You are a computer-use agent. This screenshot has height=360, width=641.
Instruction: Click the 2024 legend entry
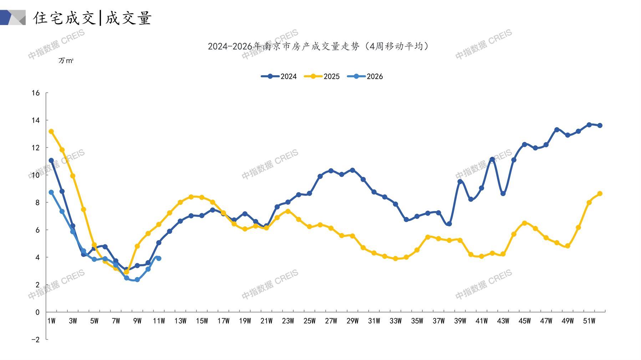[x=279, y=76]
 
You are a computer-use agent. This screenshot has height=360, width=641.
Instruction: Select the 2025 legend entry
[x=322, y=76]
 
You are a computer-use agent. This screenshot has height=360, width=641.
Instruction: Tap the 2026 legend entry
[x=365, y=76]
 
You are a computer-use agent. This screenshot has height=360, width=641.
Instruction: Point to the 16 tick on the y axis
[x=36, y=93]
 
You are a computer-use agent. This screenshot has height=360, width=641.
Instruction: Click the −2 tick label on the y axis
[x=35, y=340]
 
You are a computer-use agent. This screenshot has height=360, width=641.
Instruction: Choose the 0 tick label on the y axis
[x=37, y=312]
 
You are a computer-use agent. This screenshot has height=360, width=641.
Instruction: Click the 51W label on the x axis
[x=589, y=321]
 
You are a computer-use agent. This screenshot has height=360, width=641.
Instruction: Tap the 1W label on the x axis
[x=51, y=321]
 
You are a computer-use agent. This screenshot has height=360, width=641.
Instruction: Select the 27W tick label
[x=331, y=321]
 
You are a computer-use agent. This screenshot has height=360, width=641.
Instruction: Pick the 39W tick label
[x=460, y=321]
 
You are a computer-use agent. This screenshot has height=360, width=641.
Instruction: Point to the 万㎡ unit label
[x=66, y=61]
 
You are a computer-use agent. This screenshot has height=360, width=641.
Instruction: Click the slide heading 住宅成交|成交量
[x=93, y=18]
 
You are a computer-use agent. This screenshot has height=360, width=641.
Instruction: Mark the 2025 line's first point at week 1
[x=51, y=132]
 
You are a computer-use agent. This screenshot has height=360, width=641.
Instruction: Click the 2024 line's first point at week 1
[x=51, y=160]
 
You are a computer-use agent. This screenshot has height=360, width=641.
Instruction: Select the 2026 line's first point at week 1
[x=51, y=192]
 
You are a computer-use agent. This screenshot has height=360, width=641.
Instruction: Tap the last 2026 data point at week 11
[x=159, y=258]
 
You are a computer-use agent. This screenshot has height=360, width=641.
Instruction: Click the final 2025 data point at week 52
[x=600, y=194]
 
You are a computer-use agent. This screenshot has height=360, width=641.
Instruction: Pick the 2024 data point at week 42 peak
[x=492, y=159]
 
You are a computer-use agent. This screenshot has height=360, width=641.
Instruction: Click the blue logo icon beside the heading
[x=13, y=17]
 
